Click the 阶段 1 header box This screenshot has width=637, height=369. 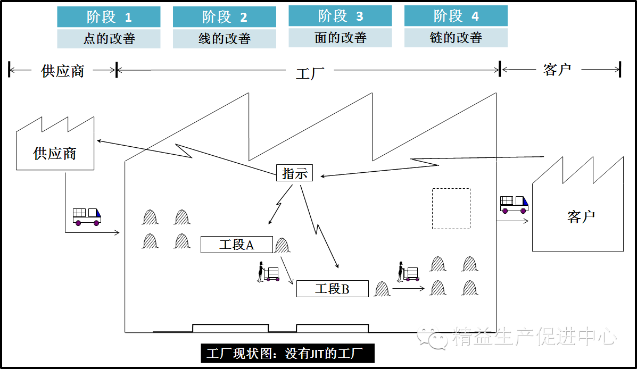tap(109, 17)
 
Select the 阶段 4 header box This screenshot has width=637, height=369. tap(456, 16)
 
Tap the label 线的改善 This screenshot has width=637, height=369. tap(224, 39)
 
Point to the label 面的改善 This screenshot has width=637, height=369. tap(340, 38)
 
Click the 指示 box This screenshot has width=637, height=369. tap(294, 173)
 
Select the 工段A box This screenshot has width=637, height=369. tap(236, 245)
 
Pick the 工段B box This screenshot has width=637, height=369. tap(332, 289)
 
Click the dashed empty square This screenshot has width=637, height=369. tap(451, 208)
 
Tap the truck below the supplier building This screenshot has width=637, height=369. tap(87, 215)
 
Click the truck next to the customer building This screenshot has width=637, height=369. tap(514, 205)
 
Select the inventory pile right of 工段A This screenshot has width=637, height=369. tap(282, 246)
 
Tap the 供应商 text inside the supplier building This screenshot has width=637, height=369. tap(55, 154)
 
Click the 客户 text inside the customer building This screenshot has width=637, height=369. tap(581, 217)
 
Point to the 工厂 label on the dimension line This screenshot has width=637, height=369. tap(310, 73)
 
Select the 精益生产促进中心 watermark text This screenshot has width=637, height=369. tap(534, 337)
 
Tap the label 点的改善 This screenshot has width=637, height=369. tap(109, 39)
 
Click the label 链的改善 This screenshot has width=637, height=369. tap(456, 38)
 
